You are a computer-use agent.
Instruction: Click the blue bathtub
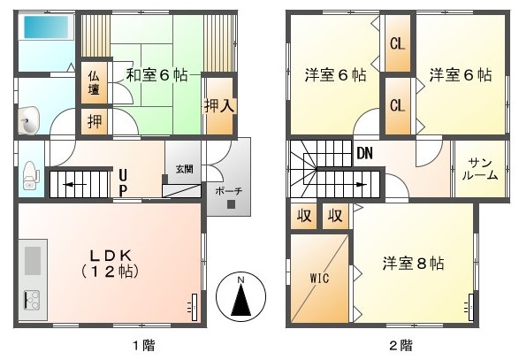[x=46, y=27]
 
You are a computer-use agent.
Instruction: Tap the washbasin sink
[x=29, y=121]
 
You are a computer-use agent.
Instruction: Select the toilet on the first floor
[x=31, y=175]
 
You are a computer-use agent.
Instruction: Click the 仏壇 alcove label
[x=94, y=83]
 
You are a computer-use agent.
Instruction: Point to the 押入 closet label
[x=219, y=106]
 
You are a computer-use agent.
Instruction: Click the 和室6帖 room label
[x=156, y=75]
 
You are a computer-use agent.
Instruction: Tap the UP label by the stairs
[x=123, y=182]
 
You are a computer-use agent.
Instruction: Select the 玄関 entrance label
[x=184, y=169]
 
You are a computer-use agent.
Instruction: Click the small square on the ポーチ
[x=231, y=204]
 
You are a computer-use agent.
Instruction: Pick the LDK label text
[x=111, y=256]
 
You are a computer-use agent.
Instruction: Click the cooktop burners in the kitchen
[x=32, y=299]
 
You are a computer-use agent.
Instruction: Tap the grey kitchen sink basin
[x=33, y=260]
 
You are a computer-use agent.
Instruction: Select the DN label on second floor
[x=365, y=153]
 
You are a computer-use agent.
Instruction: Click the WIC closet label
[x=319, y=278]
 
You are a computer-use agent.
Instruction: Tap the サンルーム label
[x=480, y=169]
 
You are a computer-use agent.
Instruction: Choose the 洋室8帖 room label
[x=413, y=264]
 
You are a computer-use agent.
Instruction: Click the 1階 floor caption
[x=143, y=346]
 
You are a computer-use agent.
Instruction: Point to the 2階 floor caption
[x=401, y=346]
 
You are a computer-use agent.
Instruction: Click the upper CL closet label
[x=397, y=43]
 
